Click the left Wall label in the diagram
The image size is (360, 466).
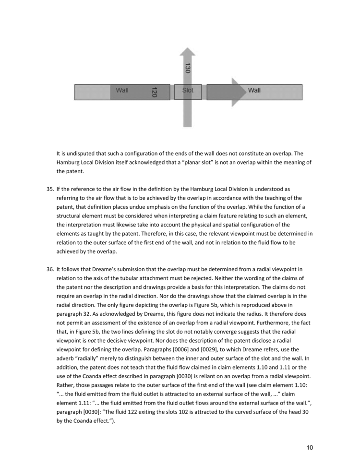point(122,90)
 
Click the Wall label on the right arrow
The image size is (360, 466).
point(254,90)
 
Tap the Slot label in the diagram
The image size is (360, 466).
point(187,90)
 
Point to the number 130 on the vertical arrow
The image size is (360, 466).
point(187,69)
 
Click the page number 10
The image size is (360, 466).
point(310,448)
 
